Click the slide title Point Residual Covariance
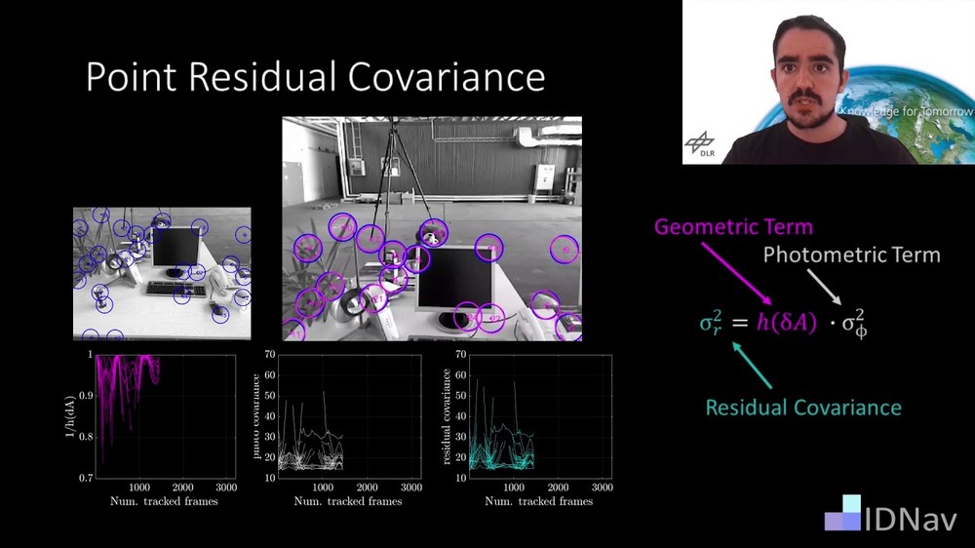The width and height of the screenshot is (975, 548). pos(315,77)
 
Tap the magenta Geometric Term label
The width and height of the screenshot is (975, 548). pos(732,227)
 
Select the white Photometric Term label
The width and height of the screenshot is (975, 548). pos(851,255)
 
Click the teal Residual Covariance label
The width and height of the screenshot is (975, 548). pos(803,407)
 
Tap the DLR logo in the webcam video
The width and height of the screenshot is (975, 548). pos(699,143)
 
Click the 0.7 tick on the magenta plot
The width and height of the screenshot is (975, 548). pos(87,478)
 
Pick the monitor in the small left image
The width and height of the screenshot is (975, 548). pos(175,249)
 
